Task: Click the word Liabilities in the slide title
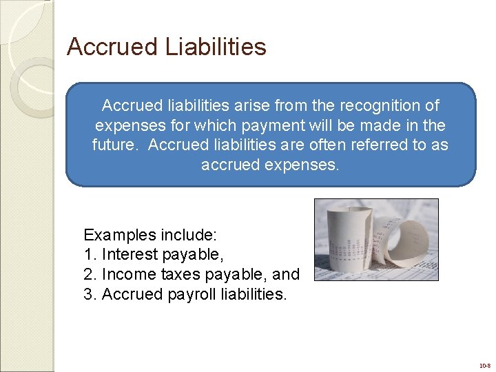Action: coord(216,47)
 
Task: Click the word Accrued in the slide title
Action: coord(113,47)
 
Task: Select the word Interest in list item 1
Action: coord(130,255)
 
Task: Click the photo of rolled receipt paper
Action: coord(376,239)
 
